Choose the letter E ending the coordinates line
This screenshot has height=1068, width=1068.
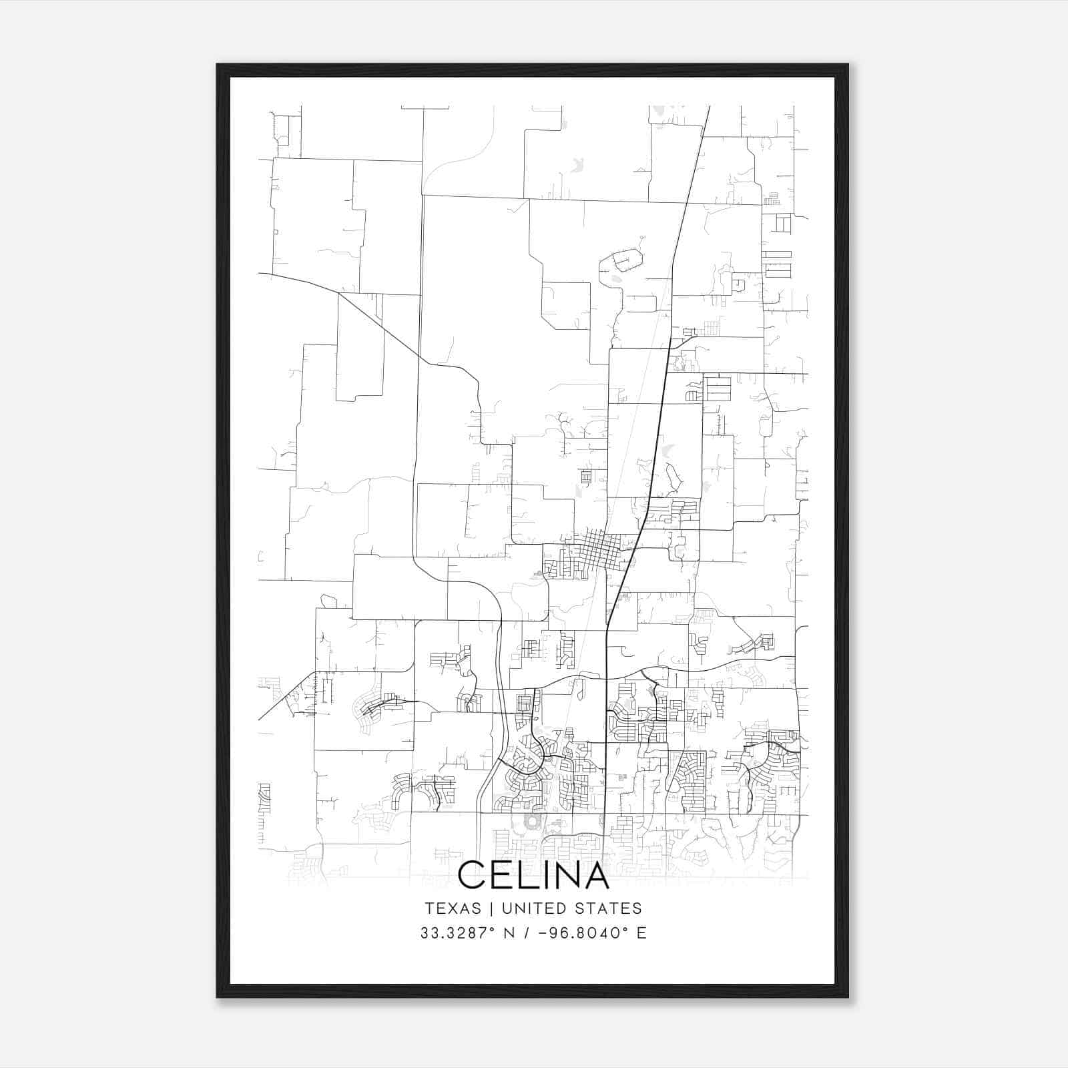(641, 933)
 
